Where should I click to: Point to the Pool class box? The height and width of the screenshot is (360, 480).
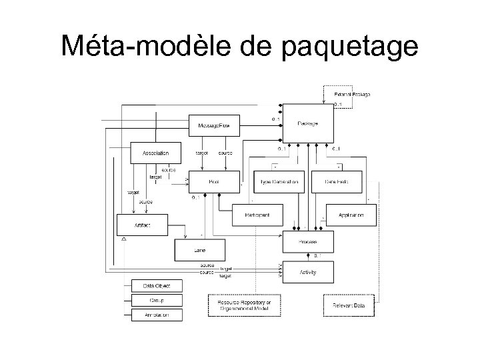[x=213, y=181]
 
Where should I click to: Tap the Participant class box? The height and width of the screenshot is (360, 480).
[x=257, y=215]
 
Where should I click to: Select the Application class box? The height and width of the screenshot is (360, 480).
[x=351, y=215]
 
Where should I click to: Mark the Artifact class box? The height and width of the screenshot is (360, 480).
[x=142, y=225]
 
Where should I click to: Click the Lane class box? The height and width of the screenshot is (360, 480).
[x=199, y=250]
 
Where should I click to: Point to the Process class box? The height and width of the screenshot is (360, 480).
[x=307, y=243]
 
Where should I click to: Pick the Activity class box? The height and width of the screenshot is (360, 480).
[x=307, y=272]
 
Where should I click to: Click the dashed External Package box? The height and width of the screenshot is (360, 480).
[x=351, y=94]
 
